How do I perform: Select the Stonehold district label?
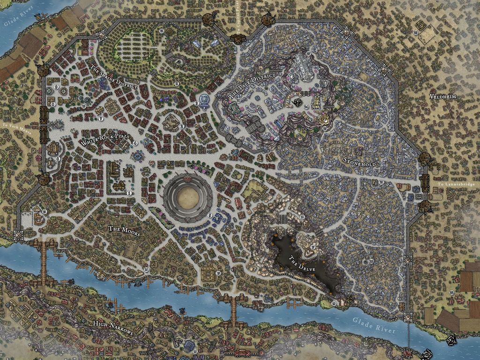[x=360, y=160]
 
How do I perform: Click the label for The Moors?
[x=124, y=229]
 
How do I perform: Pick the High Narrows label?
[x=113, y=328]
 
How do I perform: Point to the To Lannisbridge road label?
[x=456, y=185]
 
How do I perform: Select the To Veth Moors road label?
[x=16, y=133]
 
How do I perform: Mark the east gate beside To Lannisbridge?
[x=425, y=183]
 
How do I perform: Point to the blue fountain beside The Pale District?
[x=204, y=100]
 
